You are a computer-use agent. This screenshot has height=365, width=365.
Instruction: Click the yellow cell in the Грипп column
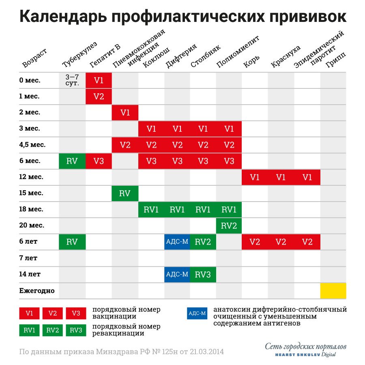click(x=333, y=290)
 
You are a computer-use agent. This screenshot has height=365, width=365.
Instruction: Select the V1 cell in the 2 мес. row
click(x=125, y=113)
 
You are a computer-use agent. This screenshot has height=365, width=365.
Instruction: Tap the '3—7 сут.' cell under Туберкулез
click(x=72, y=80)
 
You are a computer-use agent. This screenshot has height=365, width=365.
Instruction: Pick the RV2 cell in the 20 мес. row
click(x=229, y=226)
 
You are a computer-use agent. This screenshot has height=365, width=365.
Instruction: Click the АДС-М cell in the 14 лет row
click(x=177, y=275)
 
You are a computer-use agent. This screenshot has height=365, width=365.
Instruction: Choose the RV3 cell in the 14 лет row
click(x=203, y=275)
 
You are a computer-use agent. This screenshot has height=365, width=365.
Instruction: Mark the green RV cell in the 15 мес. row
click(x=125, y=193)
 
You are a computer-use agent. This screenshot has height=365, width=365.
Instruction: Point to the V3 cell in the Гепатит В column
click(x=99, y=161)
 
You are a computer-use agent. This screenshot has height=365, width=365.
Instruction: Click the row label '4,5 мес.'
click(x=32, y=145)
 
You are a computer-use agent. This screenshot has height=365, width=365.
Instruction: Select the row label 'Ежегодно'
click(x=36, y=290)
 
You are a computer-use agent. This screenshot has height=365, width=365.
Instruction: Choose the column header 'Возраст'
click(x=34, y=58)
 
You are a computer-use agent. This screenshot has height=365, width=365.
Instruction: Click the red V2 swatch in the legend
click(x=53, y=313)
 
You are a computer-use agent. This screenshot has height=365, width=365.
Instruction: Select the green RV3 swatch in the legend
click(x=76, y=330)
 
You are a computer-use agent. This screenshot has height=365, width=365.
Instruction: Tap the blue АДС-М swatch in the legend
click(x=198, y=313)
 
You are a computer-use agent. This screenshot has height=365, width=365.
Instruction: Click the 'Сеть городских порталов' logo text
click(x=306, y=346)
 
